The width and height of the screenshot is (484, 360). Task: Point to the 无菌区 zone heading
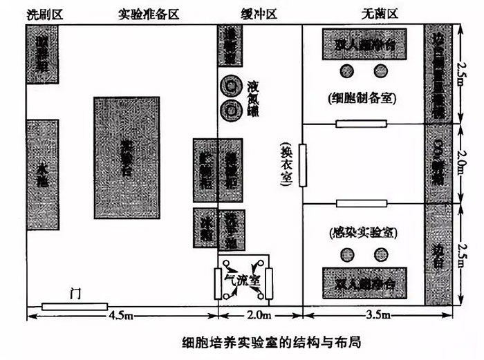378,14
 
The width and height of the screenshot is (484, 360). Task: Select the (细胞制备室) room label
363,97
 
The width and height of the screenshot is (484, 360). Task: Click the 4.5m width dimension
122,317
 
